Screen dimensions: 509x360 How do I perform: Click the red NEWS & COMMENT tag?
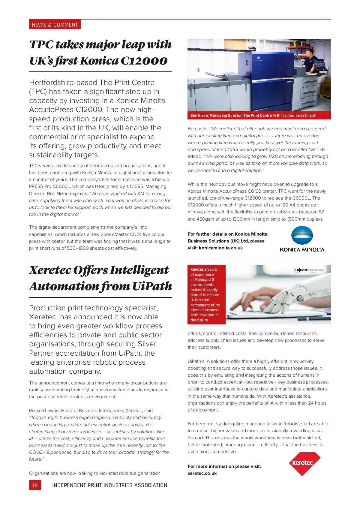55,25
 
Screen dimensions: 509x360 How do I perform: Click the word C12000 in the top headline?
144,61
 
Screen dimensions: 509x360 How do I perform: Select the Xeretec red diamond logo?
302,464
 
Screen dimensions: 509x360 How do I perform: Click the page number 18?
35,485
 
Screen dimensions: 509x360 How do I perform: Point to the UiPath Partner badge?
309,270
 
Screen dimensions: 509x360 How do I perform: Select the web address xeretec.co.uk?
202,473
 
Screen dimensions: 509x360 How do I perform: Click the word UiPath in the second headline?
152,286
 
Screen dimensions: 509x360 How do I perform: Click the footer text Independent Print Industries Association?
109,485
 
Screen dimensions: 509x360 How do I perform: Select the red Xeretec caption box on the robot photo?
206,295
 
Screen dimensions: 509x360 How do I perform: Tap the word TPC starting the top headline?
41,44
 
